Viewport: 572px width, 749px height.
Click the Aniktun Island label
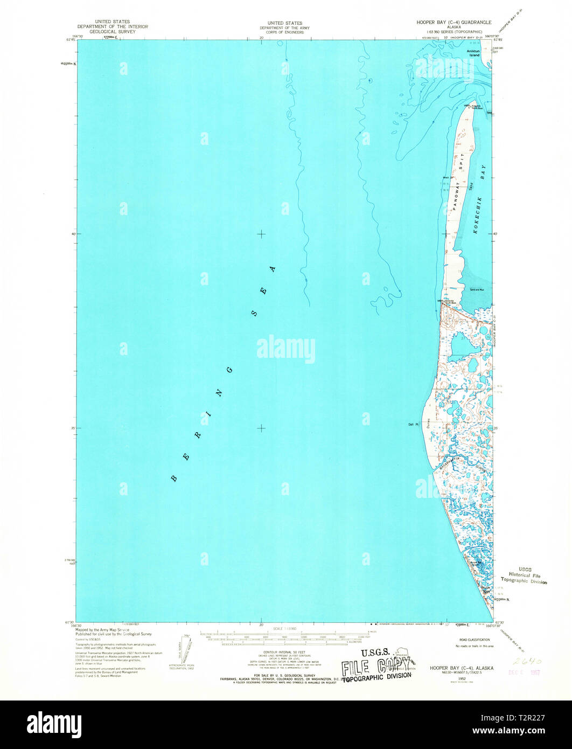click(x=473, y=53)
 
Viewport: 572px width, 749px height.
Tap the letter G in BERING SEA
click(x=231, y=369)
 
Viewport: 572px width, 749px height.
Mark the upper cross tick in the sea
click(x=262, y=234)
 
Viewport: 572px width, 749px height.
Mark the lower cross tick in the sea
click(x=262, y=428)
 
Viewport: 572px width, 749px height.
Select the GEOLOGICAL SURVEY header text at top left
click(x=112, y=32)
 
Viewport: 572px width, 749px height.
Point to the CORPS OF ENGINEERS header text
click(x=281, y=32)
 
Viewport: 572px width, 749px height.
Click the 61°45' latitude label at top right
click(x=499, y=39)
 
